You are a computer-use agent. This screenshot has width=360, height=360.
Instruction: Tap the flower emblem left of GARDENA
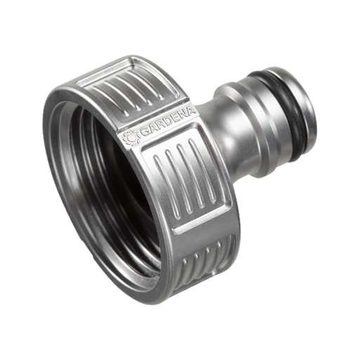(x=129, y=139)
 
